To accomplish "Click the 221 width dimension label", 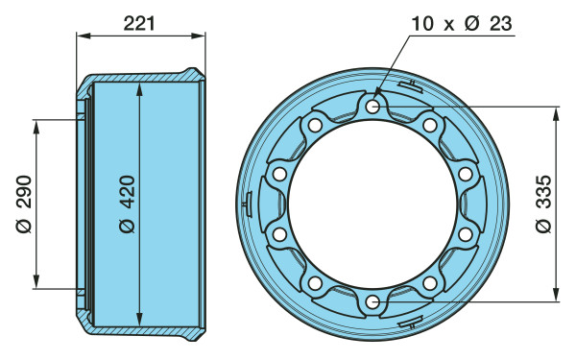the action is pos(139,23).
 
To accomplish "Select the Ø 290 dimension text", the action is pos(25,204).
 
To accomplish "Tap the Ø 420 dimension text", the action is pos(128,204).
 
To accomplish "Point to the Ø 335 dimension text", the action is pos(543,204).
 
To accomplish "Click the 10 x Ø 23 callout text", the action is pos(462,23).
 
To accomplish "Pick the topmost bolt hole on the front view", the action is pos(372,107).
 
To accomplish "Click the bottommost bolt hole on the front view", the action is pos(372,302).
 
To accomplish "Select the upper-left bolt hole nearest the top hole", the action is pos(315,125).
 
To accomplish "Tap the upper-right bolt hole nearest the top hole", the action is pos(430,125).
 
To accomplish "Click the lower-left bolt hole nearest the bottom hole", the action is pos(315,283).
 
